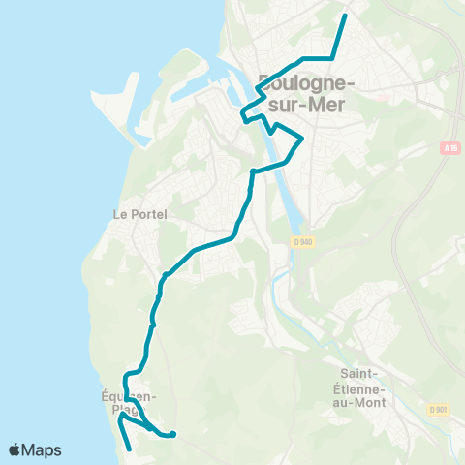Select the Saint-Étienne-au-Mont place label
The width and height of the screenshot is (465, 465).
point(363,387)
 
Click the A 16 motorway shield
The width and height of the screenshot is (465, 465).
point(448,148)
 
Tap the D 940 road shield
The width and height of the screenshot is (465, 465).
point(303,242)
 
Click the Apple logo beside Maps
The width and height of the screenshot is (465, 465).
point(15,449)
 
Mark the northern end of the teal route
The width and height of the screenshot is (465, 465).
point(346,16)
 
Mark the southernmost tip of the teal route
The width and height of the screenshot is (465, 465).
point(130,449)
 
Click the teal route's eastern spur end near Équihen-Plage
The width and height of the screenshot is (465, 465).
point(173,434)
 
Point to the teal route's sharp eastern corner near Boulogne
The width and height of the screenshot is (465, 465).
point(303,139)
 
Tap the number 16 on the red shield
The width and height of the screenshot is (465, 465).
point(451,148)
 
